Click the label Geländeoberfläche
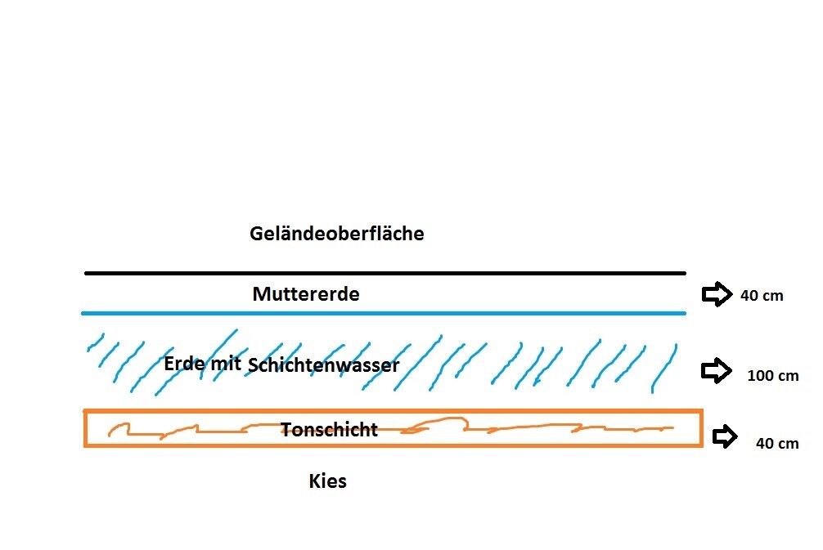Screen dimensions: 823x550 click(x=336, y=234)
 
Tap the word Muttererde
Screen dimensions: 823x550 click(x=306, y=294)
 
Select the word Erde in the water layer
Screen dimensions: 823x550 click(x=184, y=364)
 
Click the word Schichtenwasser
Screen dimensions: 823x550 click(x=323, y=365)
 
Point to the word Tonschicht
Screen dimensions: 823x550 click(x=329, y=430)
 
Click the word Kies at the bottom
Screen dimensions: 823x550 click(x=327, y=481)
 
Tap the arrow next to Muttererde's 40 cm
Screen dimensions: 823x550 click(x=717, y=294)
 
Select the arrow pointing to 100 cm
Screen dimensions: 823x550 click(x=717, y=371)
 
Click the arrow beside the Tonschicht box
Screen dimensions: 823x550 click(x=725, y=436)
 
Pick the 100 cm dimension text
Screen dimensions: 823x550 click(x=773, y=376)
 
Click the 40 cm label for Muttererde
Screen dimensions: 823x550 click(x=762, y=296)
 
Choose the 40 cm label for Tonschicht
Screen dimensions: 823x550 click(x=777, y=444)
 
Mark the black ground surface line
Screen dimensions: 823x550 click(x=385, y=273)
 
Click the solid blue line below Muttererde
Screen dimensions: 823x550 click(x=384, y=314)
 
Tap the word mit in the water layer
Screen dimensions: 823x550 click(x=226, y=364)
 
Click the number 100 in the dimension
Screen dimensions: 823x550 click(x=763, y=376)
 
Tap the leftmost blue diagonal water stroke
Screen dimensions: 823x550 click(x=96, y=342)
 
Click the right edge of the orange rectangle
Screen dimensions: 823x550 click(x=701, y=428)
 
